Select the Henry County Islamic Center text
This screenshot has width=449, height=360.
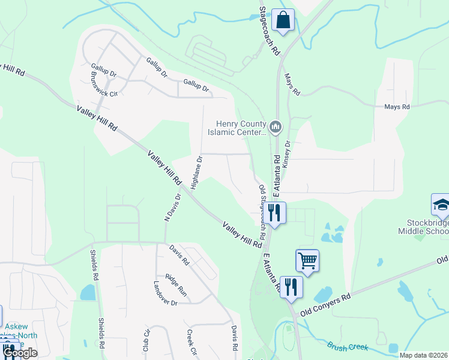pos(237,128)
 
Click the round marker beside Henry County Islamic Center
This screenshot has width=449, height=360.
pos(276,126)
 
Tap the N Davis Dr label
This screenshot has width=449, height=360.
pos(173,208)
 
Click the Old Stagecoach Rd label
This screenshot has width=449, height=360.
pos(262,209)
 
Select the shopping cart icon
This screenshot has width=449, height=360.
pos(307,260)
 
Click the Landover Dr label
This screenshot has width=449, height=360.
pos(165,294)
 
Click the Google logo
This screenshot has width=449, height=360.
pos(20,353)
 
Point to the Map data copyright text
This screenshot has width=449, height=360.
pos(423,355)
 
